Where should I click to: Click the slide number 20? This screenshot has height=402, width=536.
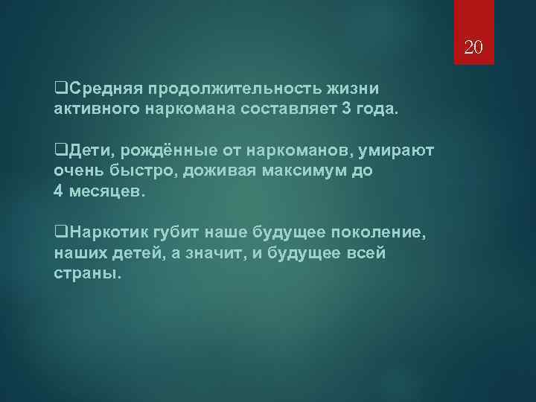pos(473,49)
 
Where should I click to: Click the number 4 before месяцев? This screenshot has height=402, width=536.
pos(59,192)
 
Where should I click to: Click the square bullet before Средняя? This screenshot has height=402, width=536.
pos(60,90)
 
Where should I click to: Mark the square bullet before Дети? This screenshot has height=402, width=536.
pos(60,152)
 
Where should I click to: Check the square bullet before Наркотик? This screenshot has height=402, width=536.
pos(60,234)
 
